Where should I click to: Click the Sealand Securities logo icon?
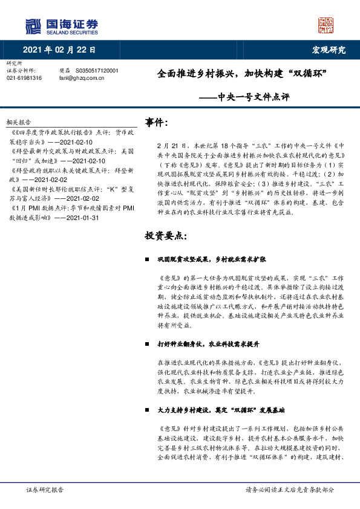tap(33, 26)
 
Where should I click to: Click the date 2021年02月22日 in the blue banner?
tap(59, 50)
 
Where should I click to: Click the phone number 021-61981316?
tap(24, 78)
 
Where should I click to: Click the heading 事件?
tap(157, 123)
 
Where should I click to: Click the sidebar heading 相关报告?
tap(18, 122)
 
